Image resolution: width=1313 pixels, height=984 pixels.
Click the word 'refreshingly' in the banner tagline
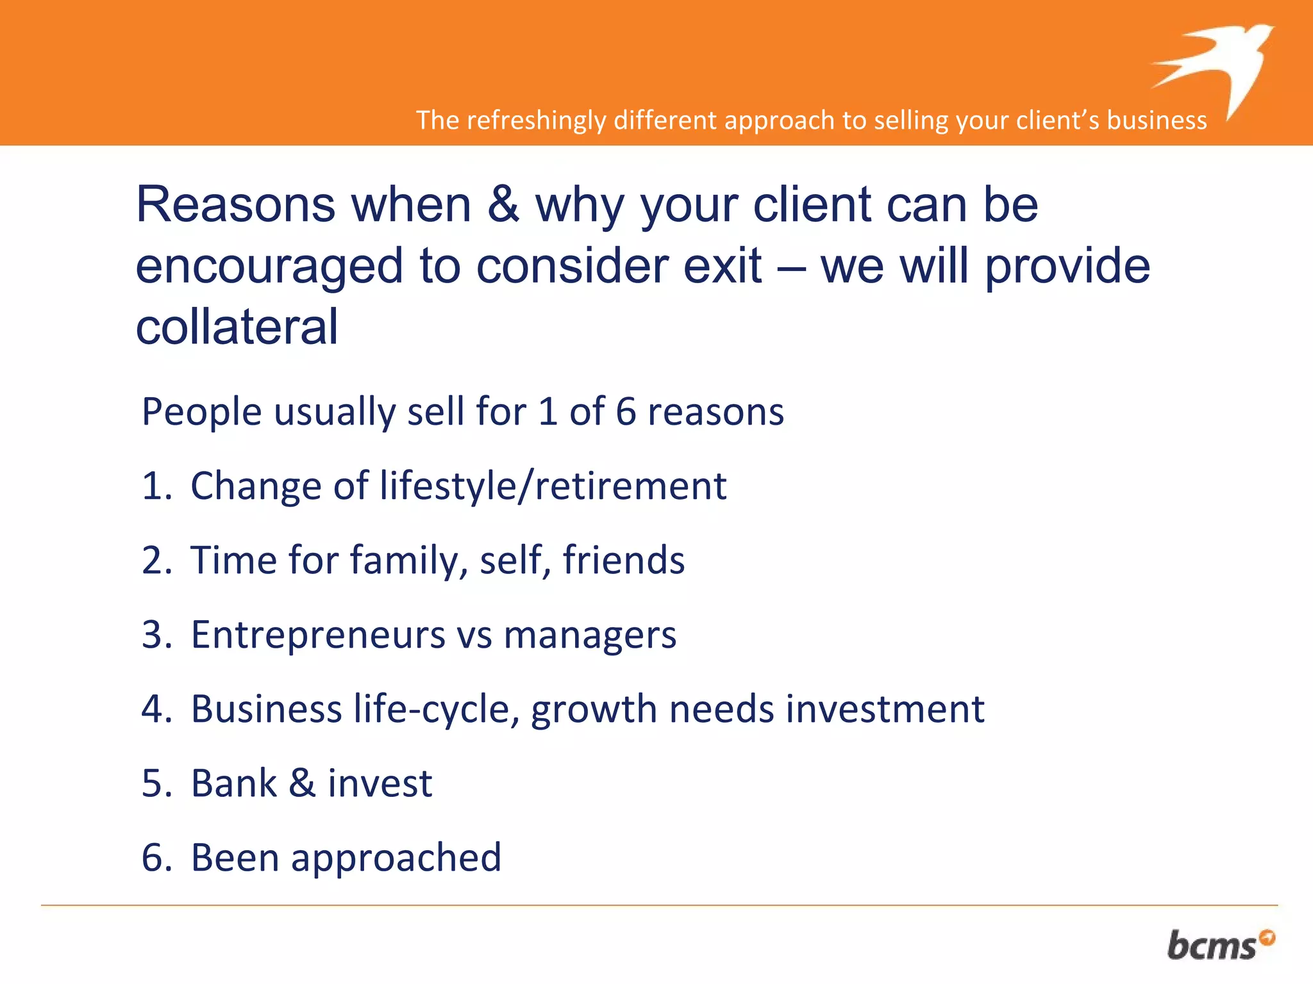(536, 120)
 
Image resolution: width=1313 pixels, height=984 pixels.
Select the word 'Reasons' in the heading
(236, 205)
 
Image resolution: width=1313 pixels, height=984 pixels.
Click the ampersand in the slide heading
(503, 205)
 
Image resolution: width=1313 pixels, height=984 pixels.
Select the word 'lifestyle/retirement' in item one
(553, 486)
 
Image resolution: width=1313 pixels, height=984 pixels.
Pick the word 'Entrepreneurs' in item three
(317, 635)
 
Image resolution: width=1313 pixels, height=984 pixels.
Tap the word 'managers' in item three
(590, 635)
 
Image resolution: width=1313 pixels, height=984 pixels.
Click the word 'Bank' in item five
(234, 783)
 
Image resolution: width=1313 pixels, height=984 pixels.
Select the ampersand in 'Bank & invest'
(302, 783)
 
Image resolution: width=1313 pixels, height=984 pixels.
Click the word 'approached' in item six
(396, 858)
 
